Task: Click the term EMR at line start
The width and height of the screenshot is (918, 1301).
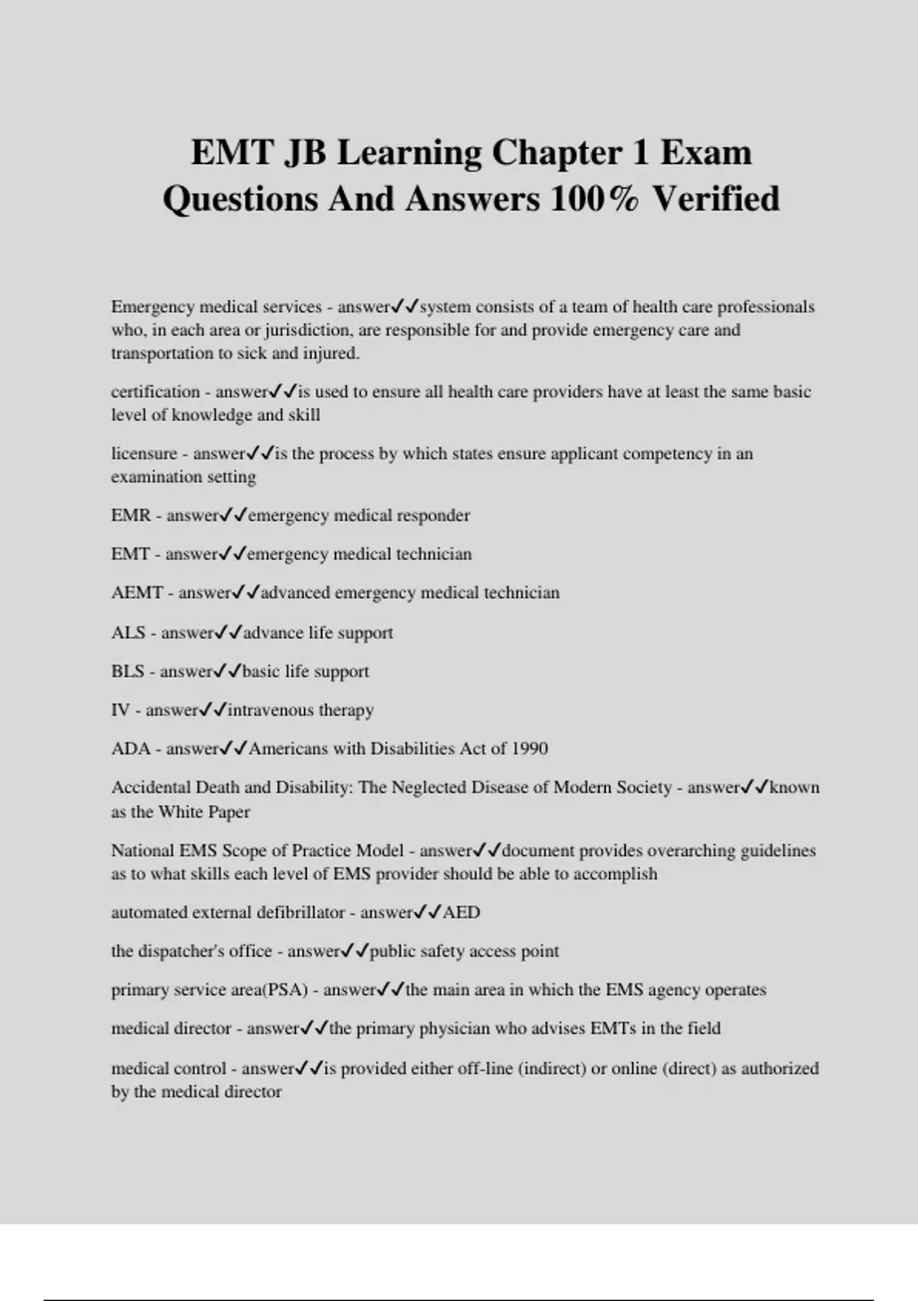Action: (131, 515)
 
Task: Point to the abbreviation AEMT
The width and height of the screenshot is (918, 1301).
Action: (137, 592)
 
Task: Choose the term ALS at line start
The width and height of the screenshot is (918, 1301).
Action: (128, 633)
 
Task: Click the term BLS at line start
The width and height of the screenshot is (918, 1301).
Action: (128, 671)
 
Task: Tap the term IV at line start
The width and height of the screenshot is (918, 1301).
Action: (120, 710)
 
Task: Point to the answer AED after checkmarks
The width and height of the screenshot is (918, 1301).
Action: (461, 912)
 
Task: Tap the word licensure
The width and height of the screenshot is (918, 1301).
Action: (144, 453)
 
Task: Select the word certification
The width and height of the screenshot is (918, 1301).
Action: (155, 392)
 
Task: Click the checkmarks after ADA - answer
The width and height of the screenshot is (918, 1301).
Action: (233, 748)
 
